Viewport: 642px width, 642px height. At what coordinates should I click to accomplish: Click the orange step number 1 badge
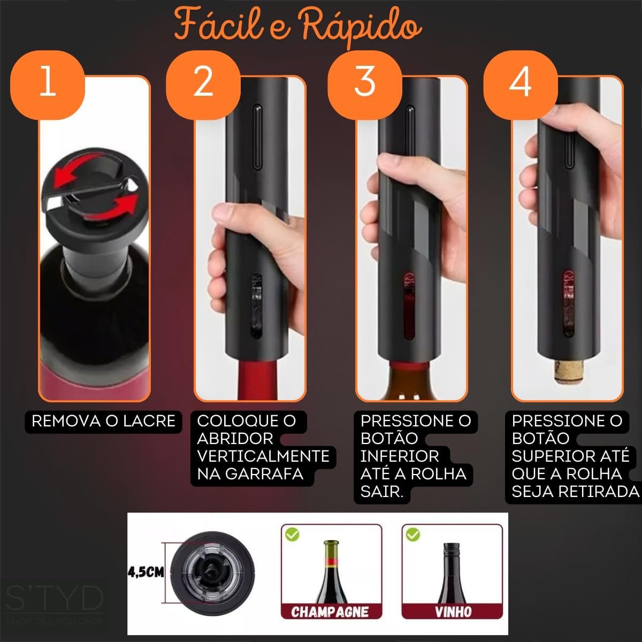coord(47,85)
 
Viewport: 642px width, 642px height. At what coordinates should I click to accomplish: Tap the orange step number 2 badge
coord(203,85)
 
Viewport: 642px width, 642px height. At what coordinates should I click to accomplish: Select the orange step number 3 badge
coord(365,85)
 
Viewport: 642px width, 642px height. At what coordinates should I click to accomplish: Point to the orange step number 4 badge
coord(521,85)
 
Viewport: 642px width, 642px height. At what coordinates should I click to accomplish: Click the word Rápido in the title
coord(362,27)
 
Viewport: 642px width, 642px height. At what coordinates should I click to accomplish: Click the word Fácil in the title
coord(219,25)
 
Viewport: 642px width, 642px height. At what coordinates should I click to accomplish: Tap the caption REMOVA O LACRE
coord(103,421)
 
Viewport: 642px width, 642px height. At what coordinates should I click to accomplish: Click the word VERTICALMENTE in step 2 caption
coord(263,456)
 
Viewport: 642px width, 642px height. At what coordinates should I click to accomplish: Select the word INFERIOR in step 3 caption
coord(400,456)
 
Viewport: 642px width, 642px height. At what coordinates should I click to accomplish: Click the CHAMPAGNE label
coord(330,612)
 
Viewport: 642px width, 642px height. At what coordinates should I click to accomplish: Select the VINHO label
coord(453,612)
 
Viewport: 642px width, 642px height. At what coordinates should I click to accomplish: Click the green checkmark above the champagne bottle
coord(292,535)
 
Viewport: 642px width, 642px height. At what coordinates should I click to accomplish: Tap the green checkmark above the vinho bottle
coord(413,535)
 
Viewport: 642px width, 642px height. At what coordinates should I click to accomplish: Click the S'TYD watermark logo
coord(55,599)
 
